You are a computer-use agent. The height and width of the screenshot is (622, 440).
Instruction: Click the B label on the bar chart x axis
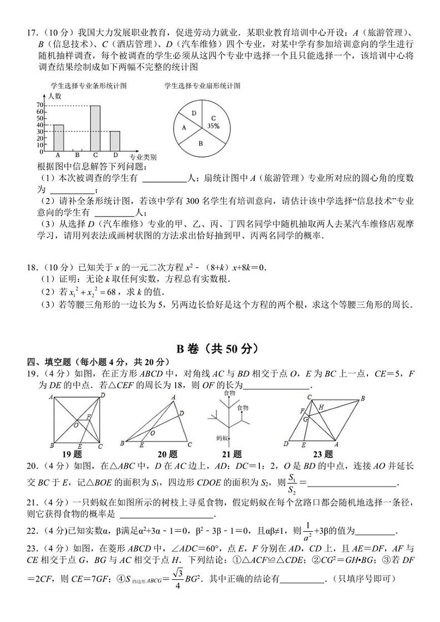coord(77,156)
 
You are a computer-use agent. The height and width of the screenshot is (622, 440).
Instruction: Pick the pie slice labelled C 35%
coord(211,122)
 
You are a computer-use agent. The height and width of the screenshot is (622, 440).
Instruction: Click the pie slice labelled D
coord(193,113)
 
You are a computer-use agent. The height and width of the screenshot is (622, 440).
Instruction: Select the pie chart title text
coord(202,86)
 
